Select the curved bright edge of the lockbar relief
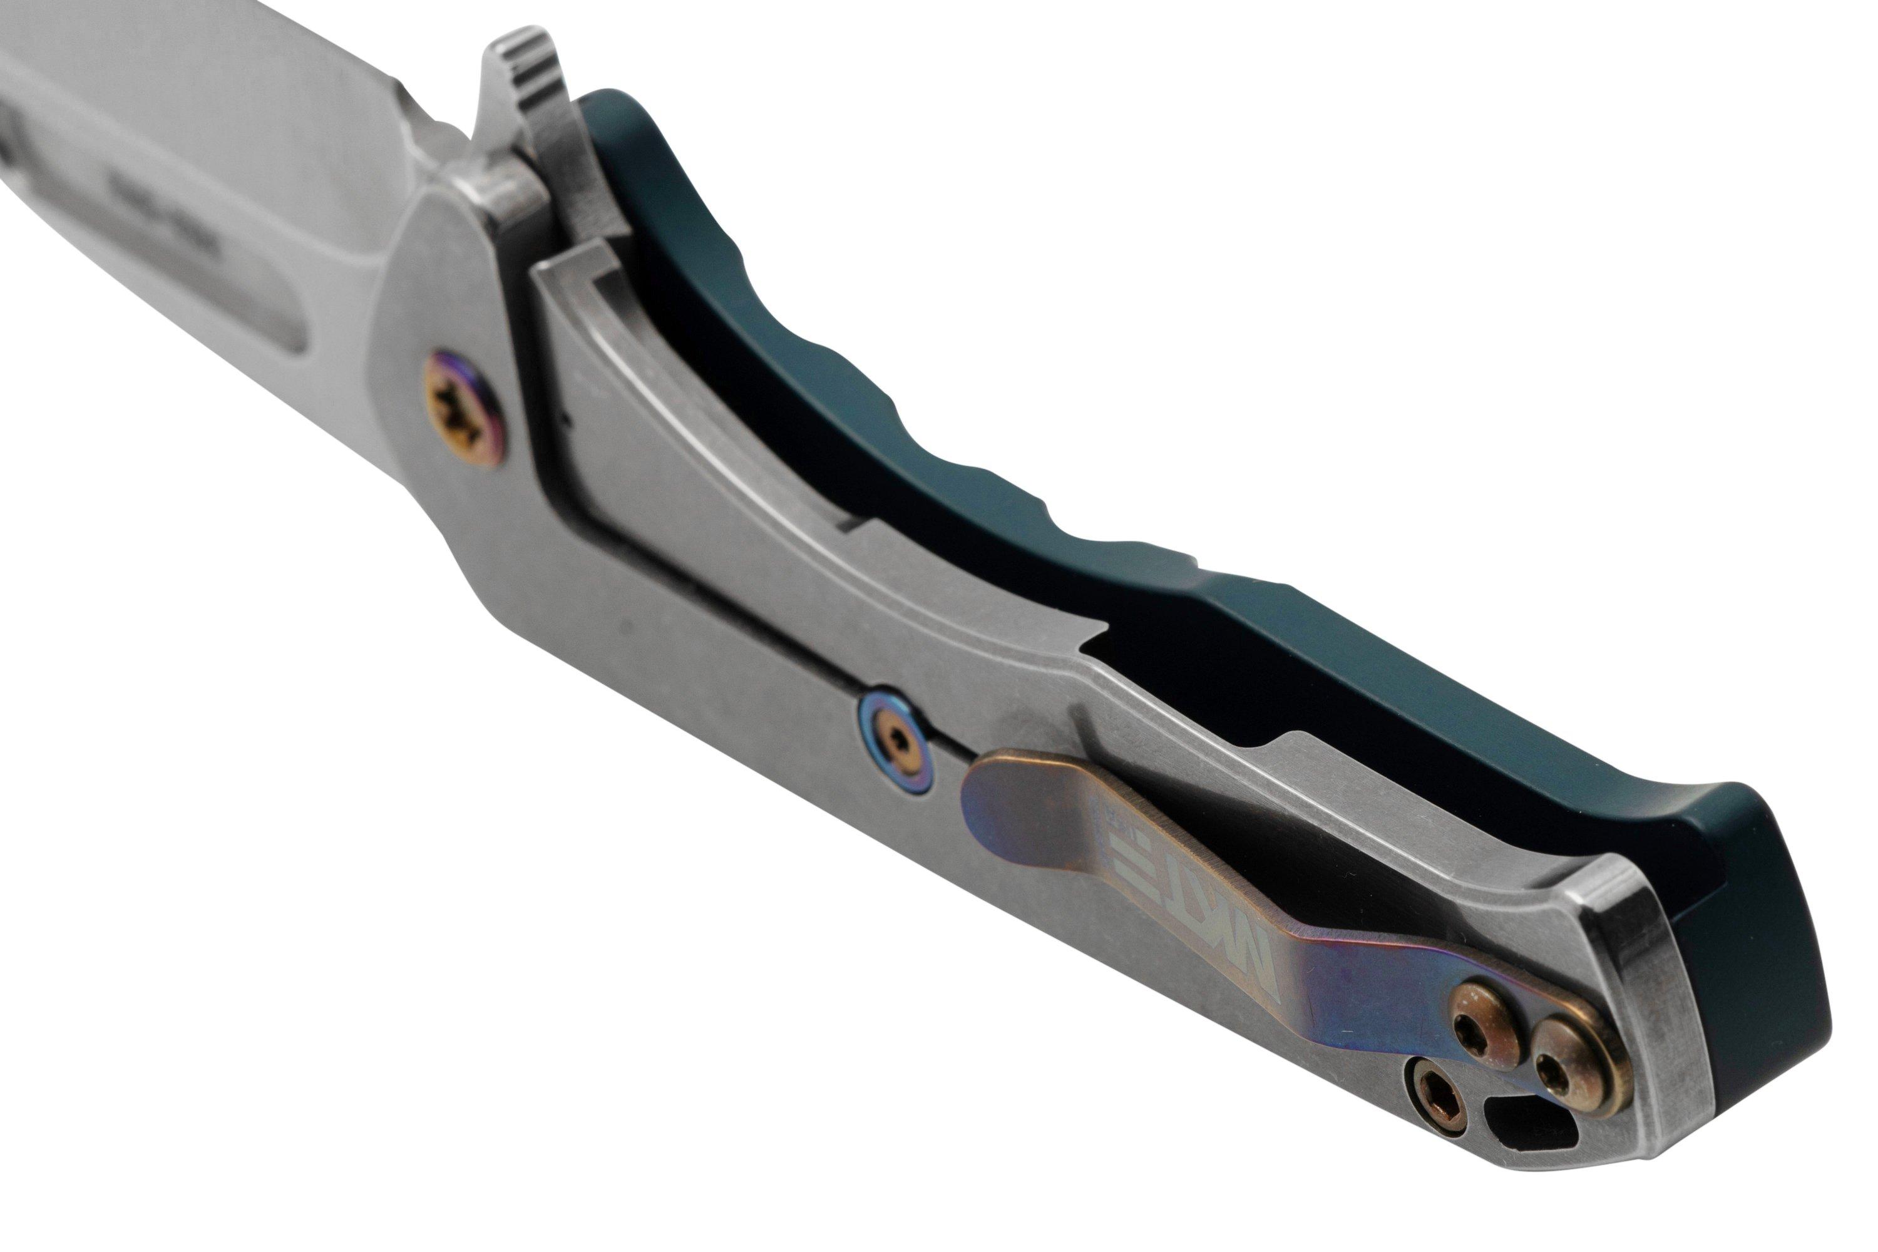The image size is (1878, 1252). [719, 431]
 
